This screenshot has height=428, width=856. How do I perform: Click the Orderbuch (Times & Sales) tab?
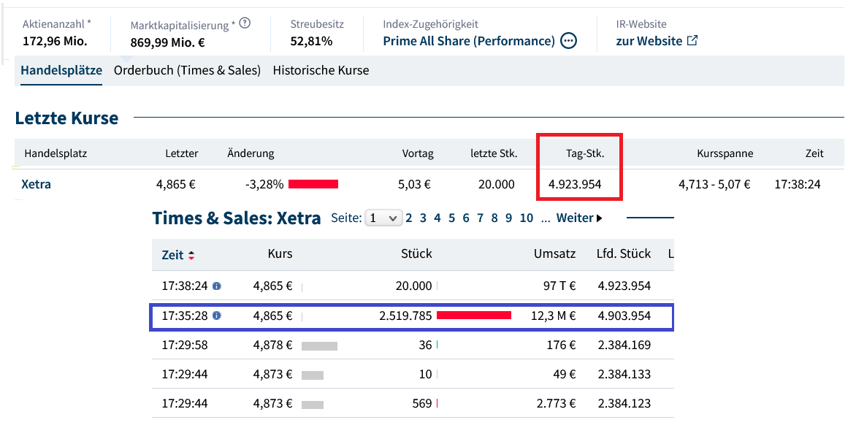click(187, 71)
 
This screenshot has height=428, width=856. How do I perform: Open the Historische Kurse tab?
click(321, 71)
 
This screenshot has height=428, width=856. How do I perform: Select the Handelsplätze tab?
click(61, 71)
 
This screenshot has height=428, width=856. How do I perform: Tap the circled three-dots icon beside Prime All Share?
click(569, 41)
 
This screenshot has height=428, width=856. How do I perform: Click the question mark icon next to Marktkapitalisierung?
click(245, 23)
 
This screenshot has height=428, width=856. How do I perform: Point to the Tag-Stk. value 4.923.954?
click(574, 184)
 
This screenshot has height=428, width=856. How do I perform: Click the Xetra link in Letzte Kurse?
click(37, 184)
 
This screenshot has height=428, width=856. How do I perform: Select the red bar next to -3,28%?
click(313, 184)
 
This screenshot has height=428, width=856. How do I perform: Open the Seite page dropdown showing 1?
click(383, 218)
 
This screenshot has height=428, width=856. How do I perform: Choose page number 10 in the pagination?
click(527, 218)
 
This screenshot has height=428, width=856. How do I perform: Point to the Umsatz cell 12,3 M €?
click(554, 316)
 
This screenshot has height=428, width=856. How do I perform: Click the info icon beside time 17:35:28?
click(217, 316)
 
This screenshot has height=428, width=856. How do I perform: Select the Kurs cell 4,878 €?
click(272, 345)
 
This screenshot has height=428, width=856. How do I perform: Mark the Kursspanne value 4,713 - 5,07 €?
click(714, 184)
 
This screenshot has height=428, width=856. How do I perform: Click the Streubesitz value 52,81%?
click(311, 42)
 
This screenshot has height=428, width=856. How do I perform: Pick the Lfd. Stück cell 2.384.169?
click(624, 345)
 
